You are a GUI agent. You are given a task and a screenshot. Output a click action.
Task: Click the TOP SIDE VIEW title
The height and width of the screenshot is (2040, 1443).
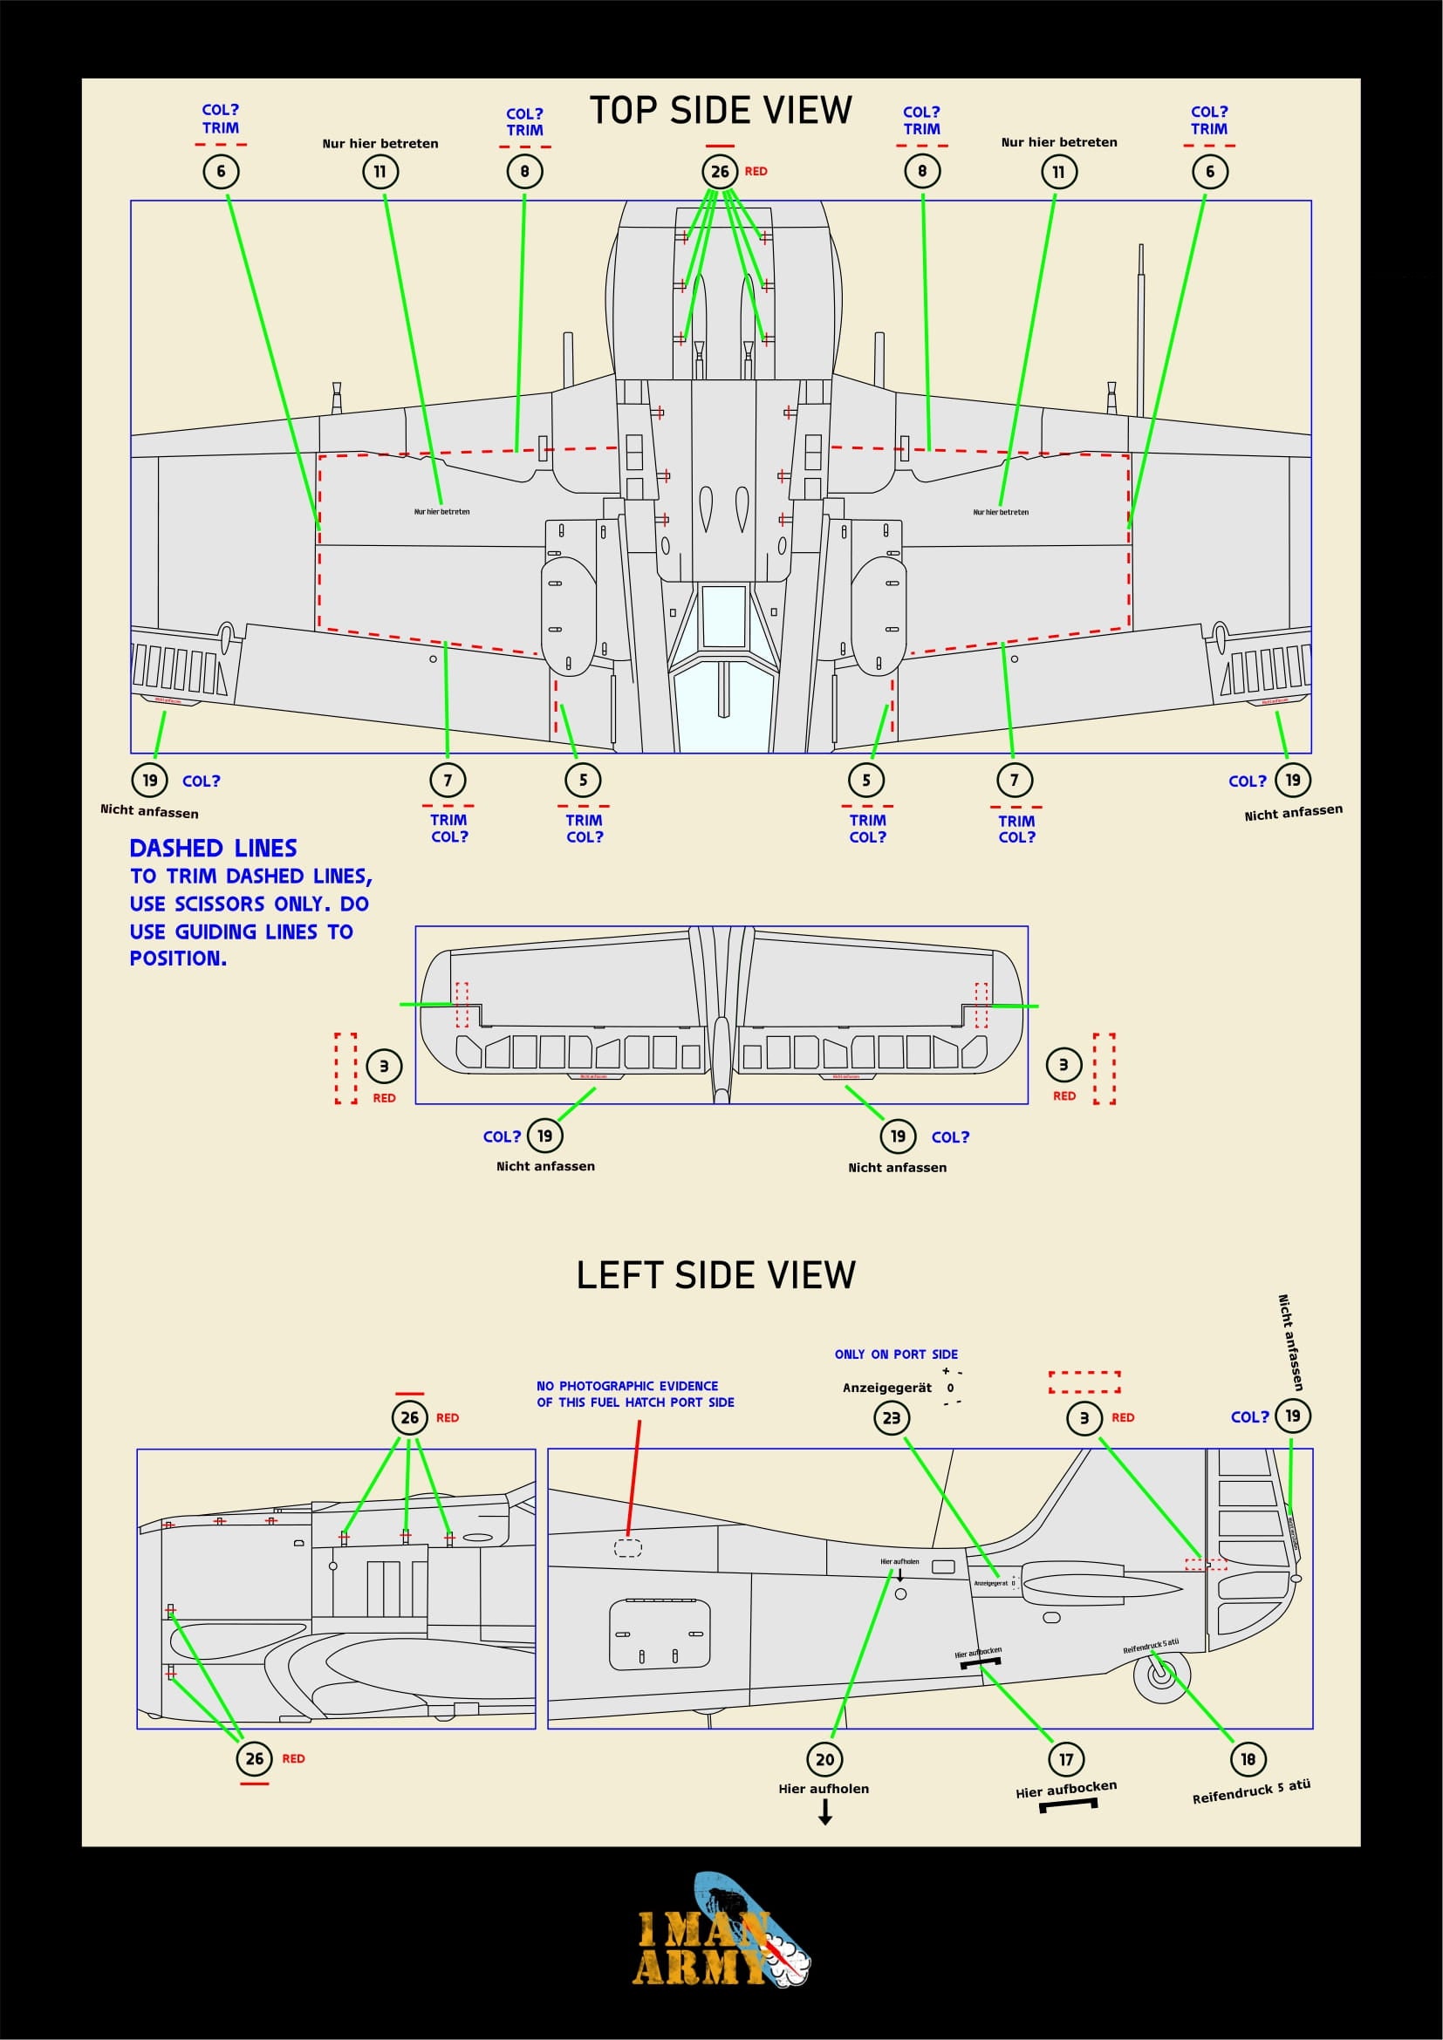tap(721, 111)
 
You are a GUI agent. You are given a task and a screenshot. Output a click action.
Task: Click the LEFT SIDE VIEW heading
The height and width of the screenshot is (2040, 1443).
tap(715, 1275)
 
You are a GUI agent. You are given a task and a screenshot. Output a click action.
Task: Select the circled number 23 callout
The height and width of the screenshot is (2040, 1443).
tap(892, 1417)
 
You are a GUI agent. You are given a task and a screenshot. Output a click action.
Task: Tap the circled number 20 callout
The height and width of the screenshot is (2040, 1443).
tap(824, 1758)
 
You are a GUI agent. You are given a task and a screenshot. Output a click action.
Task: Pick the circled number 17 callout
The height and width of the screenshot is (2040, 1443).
tap(1065, 1758)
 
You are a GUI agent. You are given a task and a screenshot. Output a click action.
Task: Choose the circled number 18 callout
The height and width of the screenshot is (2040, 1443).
tap(1248, 1758)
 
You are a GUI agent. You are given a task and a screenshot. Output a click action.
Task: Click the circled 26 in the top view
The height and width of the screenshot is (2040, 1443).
tap(720, 172)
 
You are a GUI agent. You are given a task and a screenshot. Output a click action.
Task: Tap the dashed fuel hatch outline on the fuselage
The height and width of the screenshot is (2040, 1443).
tap(628, 1548)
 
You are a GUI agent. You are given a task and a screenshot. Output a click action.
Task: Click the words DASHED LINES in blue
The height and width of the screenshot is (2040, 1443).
tap(213, 848)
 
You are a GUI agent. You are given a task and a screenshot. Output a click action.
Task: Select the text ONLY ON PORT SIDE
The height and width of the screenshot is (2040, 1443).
tap(896, 1354)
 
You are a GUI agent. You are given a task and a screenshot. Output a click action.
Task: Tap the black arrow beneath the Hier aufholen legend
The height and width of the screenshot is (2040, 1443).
tap(825, 1812)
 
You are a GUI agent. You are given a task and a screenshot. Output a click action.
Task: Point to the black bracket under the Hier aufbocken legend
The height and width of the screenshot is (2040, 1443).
tap(1068, 1805)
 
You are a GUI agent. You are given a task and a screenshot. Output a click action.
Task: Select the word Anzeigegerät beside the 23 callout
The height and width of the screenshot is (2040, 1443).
tap(886, 1388)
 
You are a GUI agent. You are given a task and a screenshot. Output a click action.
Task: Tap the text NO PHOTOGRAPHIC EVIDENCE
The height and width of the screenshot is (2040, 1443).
tap(627, 1386)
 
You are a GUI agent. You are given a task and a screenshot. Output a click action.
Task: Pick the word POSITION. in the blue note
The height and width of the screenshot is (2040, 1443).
tap(178, 959)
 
